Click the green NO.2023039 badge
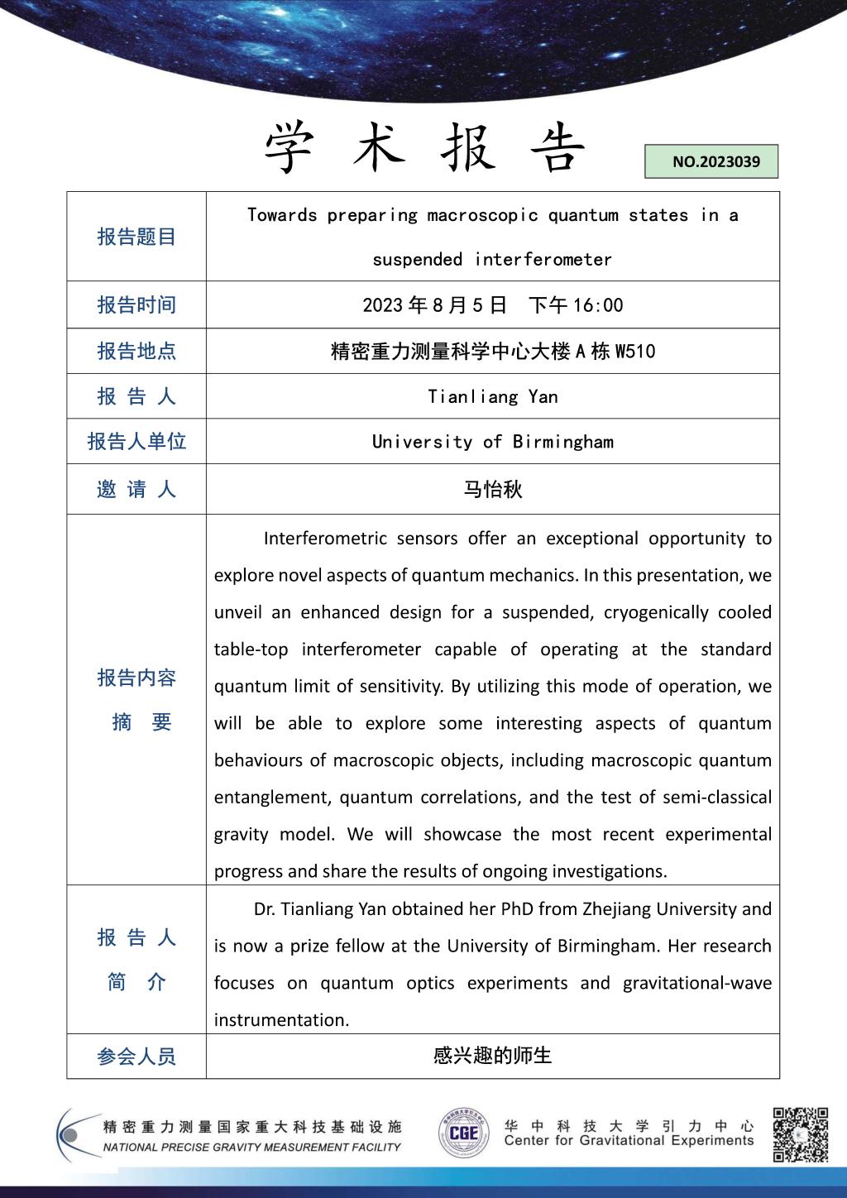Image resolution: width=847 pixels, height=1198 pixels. click(x=711, y=161)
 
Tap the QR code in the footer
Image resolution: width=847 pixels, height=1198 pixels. click(x=800, y=1134)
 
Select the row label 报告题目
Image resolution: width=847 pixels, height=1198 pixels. click(x=136, y=237)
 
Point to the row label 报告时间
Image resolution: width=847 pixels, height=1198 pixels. click(x=136, y=304)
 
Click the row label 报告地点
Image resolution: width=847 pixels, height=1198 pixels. click(x=136, y=351)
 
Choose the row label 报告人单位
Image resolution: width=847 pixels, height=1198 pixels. click(x=136, y=441)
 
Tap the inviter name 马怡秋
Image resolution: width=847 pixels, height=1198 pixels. click(x=493, y=489)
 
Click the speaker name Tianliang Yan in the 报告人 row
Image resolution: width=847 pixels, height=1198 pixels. click(x=493, y=396)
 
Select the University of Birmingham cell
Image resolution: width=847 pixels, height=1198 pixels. click(x=493, y=441)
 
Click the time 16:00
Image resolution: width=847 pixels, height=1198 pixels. click(x=598, y=305)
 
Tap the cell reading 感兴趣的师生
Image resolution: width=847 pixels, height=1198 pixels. click(x=493, y=1056)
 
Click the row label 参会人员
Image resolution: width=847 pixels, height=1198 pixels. click(x=136, y=1057)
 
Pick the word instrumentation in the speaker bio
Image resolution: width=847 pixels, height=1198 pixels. click(x=281, y=1020)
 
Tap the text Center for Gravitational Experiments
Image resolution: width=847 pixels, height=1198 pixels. click(x=629, y=1141)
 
